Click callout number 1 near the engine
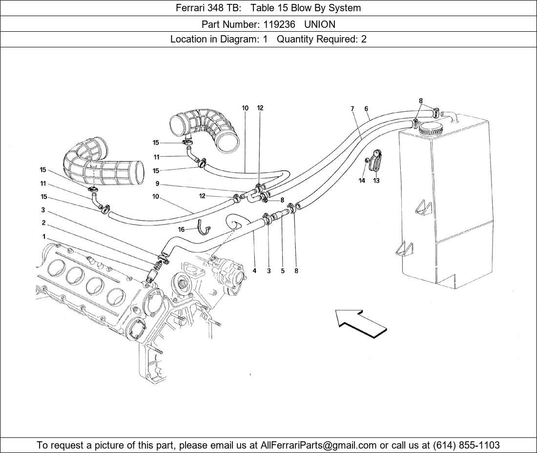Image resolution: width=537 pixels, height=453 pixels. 44,237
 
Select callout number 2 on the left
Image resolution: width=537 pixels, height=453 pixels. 43,223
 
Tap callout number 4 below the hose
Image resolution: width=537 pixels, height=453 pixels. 254,271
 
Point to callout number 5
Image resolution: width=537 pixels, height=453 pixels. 283,271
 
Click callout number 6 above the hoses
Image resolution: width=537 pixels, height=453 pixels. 366,109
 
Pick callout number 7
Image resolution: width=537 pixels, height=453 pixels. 352,109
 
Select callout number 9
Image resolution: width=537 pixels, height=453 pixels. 157,184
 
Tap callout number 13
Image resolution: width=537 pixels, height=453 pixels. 376,181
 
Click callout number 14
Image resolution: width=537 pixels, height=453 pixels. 362,181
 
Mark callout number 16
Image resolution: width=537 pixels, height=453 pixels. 181,229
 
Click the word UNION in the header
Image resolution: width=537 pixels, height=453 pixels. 320,24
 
